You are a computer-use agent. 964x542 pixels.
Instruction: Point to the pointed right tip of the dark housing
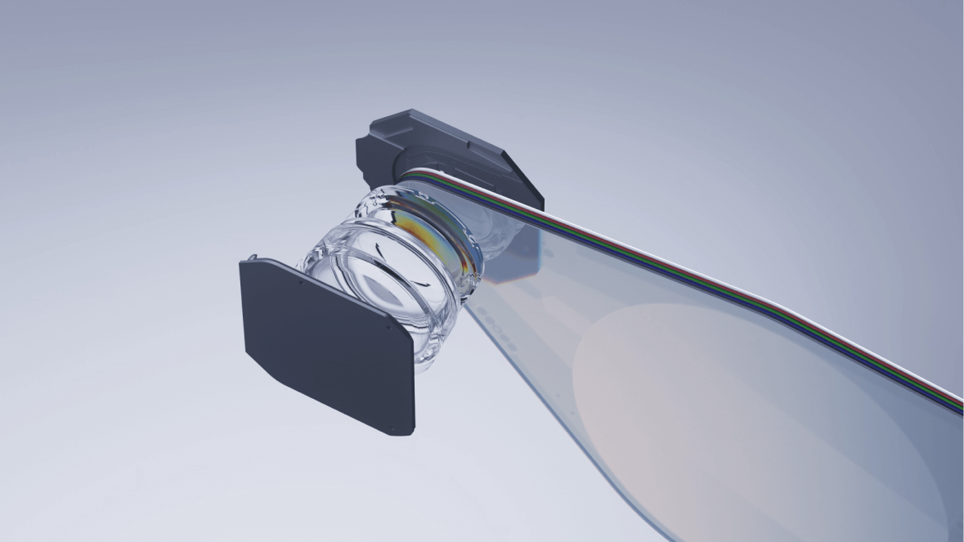click(x=541, y=199)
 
